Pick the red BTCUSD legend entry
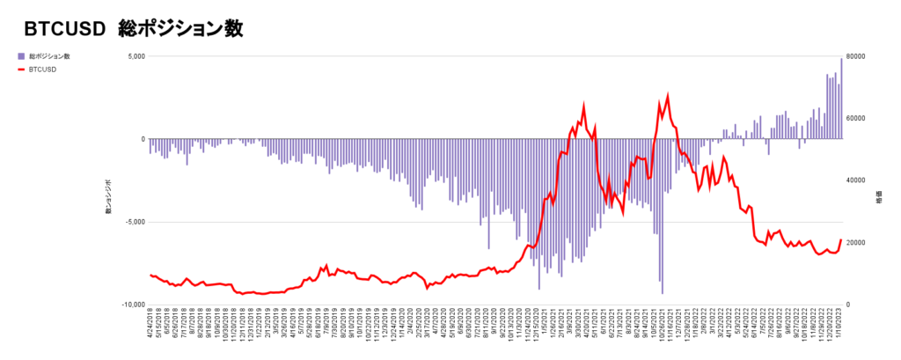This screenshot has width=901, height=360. click(43, 69)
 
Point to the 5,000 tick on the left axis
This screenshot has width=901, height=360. click(135, 56)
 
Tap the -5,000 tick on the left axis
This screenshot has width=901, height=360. click(133, 222)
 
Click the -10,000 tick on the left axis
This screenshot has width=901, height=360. click(131, 305)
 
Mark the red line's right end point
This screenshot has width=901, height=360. click(841, 240)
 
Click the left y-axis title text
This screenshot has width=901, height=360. click(109, 195)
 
